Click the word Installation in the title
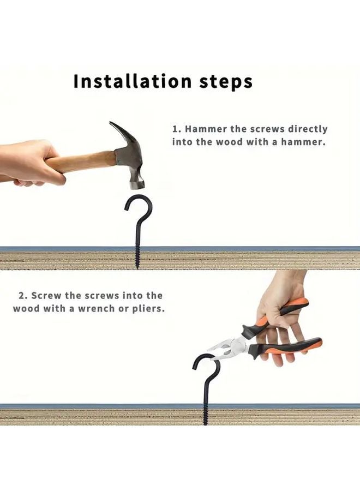coord(131,81)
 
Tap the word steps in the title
coord(225,82)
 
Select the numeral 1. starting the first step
coord(176,129)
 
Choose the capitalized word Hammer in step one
coord(203,129)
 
